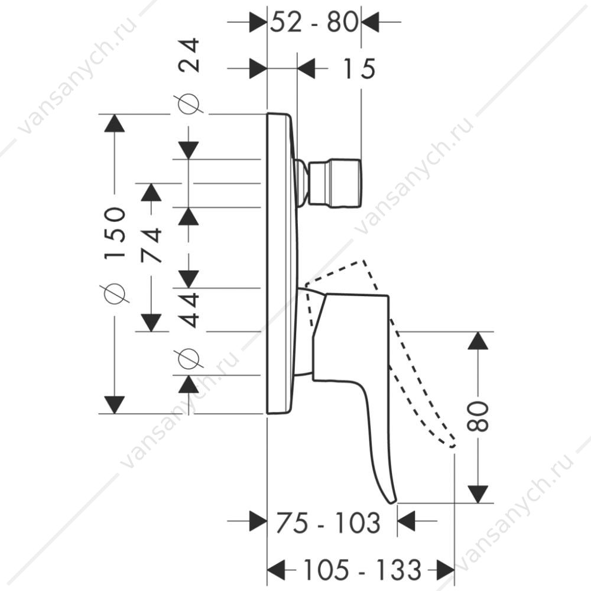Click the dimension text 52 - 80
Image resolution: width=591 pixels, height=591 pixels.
(x=314, y=22)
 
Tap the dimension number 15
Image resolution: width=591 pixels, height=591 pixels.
(x=359, y=69)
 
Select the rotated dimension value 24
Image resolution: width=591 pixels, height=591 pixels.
(x=189, y=55)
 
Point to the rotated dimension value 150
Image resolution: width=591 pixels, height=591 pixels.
(x=115, y=232)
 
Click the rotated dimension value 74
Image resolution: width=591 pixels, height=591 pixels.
(x=151, y=245)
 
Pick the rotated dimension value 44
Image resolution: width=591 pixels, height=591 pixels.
(x=189, y=310)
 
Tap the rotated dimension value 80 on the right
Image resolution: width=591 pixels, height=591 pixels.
(x=478, y=416)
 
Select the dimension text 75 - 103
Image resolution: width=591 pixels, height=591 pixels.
(x=327, y=523)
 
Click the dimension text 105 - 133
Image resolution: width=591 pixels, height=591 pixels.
(x=362, y=569)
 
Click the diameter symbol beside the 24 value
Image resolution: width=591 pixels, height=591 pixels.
(x=189, y=103)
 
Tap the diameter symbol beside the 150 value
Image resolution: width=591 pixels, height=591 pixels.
(x=115, y=293)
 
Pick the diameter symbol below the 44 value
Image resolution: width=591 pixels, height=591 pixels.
(x=189, y=359)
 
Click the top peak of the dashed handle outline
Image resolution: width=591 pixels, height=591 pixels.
(x=363, y=260)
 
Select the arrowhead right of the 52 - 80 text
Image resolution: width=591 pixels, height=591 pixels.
(x=370, y=22)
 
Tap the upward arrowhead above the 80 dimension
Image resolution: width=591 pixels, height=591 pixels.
(x=478, y=341)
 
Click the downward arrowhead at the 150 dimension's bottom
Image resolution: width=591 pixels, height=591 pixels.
(x=115, y=405)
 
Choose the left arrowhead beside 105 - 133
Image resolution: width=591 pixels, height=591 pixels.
(x=276, y=569)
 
